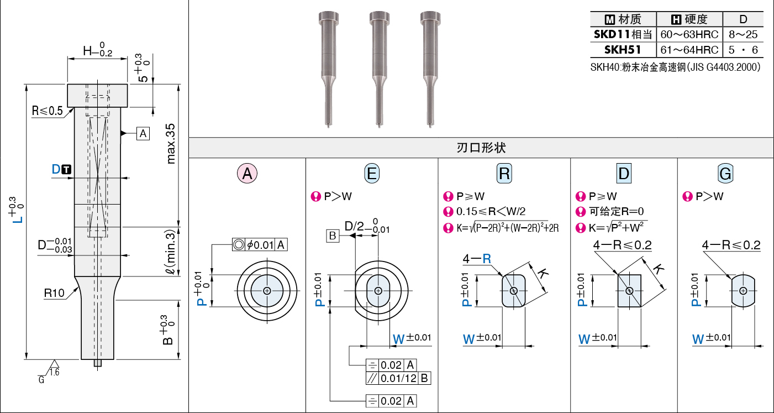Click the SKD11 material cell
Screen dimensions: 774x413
(x=623, y=34)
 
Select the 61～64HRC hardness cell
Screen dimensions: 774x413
(x=689, y=50)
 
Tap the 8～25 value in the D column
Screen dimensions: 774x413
(x=743, y=34)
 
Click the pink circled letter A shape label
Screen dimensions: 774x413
(x=247, y=173)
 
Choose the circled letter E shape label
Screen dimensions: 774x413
(x=372, y=173)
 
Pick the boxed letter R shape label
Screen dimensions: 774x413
(x=504, y=173)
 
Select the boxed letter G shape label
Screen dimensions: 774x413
(x=725, y=173)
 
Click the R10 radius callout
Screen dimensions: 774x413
(x=54, y=293)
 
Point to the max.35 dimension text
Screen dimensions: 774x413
(x=171, y=144)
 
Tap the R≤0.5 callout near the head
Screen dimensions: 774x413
(x=48, y=111)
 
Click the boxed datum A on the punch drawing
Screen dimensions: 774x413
(x=143, y=133)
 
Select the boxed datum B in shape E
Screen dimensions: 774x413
(x=333, y=236)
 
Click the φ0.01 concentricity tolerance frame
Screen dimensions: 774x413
(x=260, y=244)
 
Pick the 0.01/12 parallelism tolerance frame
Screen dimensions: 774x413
(x=398, y=378)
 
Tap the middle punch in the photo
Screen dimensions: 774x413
(x=380, y=69)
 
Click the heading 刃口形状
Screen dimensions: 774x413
(x=481, y=148)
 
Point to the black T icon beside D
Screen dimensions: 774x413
(x=66, y=169)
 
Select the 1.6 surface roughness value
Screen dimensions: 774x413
(x=54, y=372)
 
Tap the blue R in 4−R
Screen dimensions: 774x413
(x=487, y=258)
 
